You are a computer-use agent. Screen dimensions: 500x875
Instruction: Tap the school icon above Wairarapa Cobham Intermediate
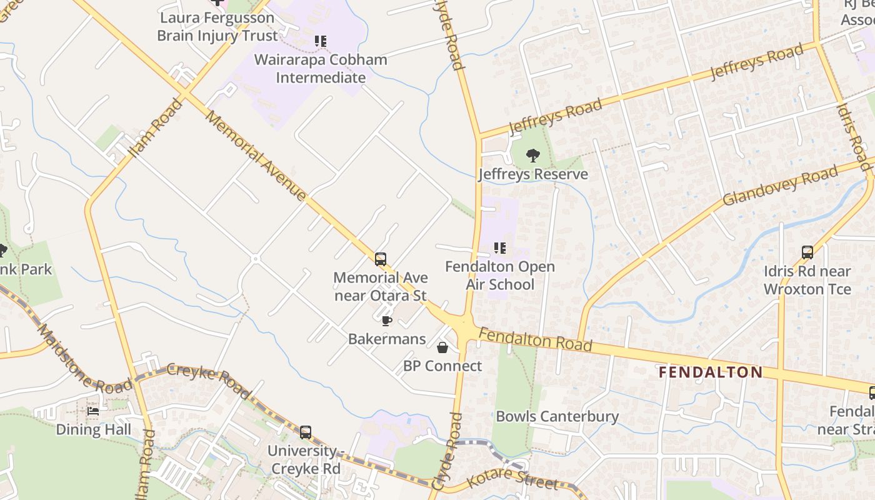tap(321, 42)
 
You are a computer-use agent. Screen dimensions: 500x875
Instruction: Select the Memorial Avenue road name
tap(256, 156)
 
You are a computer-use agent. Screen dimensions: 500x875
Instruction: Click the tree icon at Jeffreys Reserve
tap(532, 156)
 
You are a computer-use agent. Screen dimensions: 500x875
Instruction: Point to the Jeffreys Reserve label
tap(533, 174)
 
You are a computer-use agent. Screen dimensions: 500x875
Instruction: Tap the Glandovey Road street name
tap(779, 186)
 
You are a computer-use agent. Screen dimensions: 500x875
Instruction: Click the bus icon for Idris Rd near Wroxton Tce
tap(807, 252)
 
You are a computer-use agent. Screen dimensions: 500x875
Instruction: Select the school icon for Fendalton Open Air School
tap(499, 248)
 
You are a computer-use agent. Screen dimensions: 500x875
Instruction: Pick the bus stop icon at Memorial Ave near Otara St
tap(380, 259)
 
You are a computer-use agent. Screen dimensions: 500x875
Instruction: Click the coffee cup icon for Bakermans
tap(386, 321)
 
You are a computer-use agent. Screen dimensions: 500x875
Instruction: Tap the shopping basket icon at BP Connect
tap(442, 347)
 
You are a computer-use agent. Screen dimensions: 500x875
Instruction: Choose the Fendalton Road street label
tap(535, 339)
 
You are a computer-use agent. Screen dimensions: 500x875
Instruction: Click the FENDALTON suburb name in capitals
tap(711, 372)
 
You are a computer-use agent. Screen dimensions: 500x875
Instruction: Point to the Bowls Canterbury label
tap(557, 416)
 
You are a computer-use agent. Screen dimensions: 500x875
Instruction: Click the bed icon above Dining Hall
tap(93, 411)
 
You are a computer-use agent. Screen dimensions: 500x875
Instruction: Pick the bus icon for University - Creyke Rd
tap(305, 432)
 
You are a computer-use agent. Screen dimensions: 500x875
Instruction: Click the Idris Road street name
tap(853, 137)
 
